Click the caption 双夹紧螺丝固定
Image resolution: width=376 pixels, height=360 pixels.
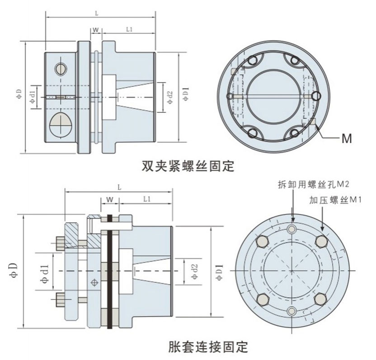(188, 166)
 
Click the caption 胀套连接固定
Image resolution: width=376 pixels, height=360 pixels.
(208, 346)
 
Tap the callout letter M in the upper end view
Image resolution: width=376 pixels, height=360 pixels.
(347, 138)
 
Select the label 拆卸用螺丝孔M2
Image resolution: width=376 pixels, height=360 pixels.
(314, 184)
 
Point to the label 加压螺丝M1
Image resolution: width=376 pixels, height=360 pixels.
(335, 200)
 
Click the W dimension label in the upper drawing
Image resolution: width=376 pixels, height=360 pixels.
(96, 30)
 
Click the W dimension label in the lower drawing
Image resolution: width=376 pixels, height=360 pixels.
(109, 199)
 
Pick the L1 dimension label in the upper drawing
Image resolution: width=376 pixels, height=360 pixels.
(129, 29)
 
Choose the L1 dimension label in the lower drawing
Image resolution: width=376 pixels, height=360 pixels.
(147, 199)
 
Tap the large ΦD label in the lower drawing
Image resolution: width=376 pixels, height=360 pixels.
(14, 271)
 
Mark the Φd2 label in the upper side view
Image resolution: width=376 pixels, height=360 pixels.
(170, 98)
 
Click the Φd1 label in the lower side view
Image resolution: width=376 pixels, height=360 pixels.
(46, 274)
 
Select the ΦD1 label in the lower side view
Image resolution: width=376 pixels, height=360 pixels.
(220, 272)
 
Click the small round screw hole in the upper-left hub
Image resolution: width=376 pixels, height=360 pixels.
(61, 69)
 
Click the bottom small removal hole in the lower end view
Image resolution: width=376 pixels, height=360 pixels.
(291, 311)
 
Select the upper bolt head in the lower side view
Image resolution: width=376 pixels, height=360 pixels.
(60, 243)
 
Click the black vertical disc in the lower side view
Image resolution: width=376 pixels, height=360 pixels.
(110, 272)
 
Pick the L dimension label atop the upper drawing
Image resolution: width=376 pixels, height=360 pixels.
(97, 14)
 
